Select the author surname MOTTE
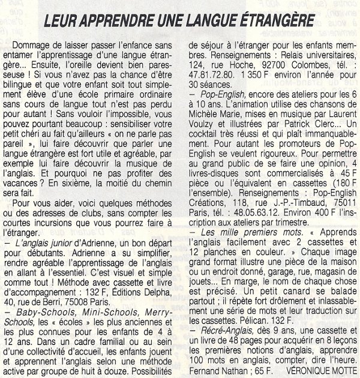click(x=343, y=372)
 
